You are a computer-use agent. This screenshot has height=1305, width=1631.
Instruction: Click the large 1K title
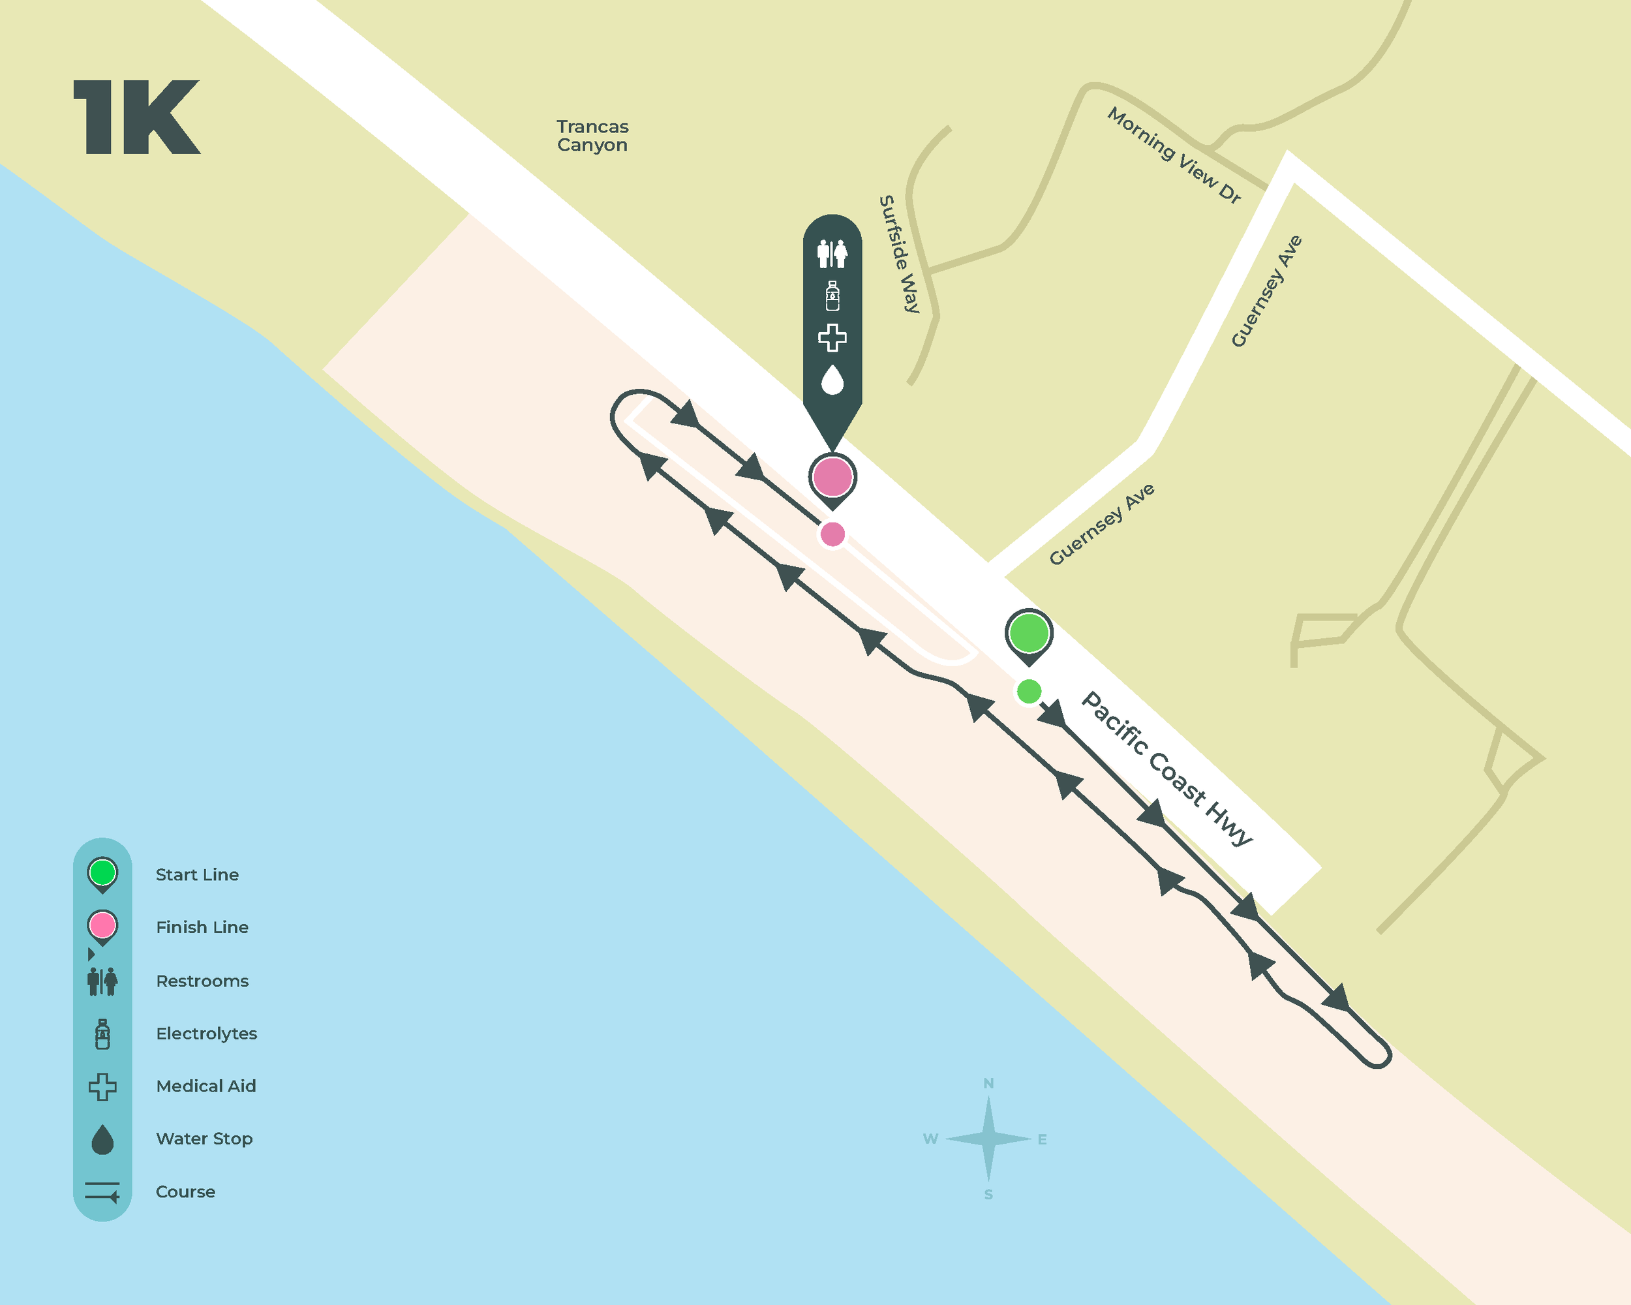[137, 117]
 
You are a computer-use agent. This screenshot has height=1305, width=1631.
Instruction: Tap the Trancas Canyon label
[592, 136]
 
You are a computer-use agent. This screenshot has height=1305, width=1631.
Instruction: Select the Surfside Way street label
[900, 254]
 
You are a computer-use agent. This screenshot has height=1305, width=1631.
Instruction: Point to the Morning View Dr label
[1174, 155]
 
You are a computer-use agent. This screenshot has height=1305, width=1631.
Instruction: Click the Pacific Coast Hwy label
[1166, 768]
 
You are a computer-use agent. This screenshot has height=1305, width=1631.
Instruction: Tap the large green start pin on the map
[1029, 633]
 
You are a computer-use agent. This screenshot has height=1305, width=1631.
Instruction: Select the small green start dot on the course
[1029, 691]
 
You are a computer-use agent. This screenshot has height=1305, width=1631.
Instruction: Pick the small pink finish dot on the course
[832, 534]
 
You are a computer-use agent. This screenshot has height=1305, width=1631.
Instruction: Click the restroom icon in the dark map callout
[832, 253]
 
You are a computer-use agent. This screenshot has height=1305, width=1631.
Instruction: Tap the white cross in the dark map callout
[832, 337]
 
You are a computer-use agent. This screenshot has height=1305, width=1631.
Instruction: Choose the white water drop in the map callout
[832, 380]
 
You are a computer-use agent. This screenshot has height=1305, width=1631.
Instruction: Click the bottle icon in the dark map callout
[832, 296]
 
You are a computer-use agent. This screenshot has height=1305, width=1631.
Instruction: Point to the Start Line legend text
[196, 874]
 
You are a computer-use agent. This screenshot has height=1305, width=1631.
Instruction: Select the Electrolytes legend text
[207, 1034]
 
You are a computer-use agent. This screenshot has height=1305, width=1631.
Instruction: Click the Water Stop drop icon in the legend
[102, 1139]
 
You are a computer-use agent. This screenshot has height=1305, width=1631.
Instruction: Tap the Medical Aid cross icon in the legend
[102, 1086]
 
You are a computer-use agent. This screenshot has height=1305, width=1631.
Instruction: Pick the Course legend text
[185, 1191]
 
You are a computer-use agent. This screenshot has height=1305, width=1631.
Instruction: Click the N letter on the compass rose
[988, 1083]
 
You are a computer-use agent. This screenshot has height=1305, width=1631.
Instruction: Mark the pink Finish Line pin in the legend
[102, 925]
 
